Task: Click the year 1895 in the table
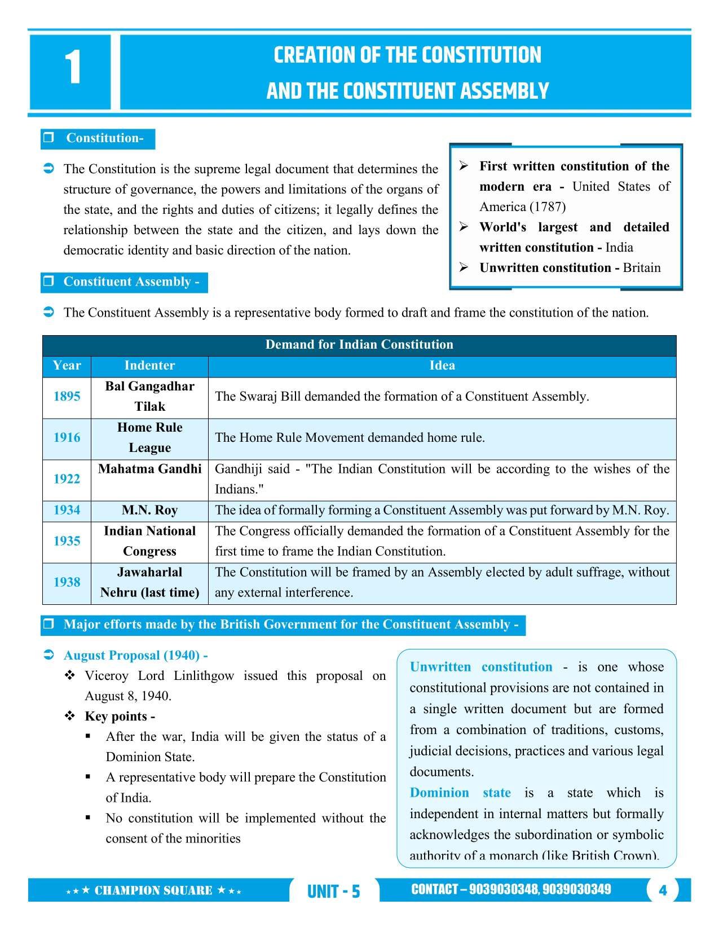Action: (x=67, y=397)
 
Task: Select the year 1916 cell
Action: (x=67, y=438)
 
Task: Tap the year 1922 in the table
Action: (x=67, y=479)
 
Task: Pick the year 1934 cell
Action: (x=67, y=510)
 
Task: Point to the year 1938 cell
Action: (x=67, y=582)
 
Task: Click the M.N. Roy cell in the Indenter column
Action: (x=149, y=510)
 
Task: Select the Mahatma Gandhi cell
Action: (x=149, y=469)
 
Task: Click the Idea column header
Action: (x=442, y=366)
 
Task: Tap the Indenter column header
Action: (x=149, y=366)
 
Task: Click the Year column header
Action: (x=67, y=366)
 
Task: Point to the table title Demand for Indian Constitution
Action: (x=359, y=345)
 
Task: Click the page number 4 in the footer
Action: (x=663, y=890)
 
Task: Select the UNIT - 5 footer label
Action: (x=333, y=892)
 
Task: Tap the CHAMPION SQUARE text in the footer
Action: (x=153, y=891)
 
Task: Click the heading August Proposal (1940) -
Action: (x=135, y=655)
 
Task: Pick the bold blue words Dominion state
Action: (x=460, y=793)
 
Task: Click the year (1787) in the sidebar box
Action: (x=546, y=207)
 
